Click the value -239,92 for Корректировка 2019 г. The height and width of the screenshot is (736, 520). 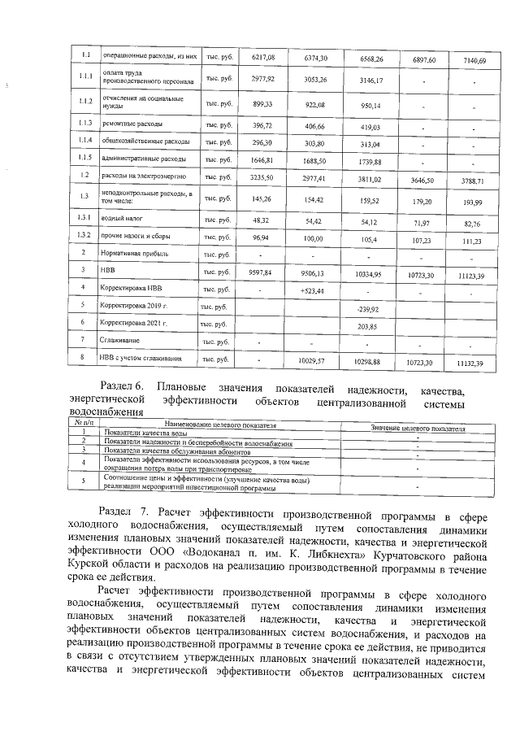[x=369, y=310]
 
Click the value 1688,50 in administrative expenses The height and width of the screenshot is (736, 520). [x=315, y=160]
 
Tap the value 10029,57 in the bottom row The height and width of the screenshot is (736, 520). [x=315, y=359]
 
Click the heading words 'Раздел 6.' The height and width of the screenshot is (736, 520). [x=120, y=385]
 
